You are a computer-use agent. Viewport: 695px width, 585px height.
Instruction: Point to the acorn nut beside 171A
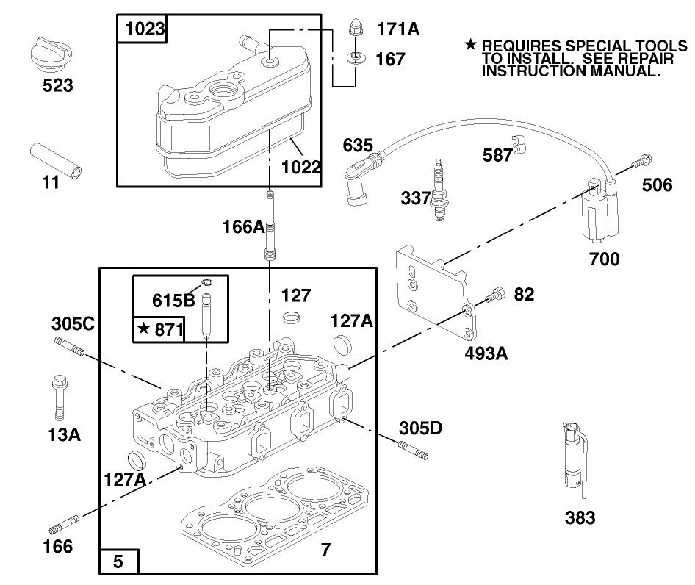(x=353, y=31)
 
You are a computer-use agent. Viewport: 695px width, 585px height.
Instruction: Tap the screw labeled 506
(x=644, y=159)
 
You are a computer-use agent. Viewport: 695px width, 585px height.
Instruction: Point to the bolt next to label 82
(x=495, y=295)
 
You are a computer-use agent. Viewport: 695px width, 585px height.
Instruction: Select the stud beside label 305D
(x=413, y=450)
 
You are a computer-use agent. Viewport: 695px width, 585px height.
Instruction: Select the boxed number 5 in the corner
(x=118, y=562)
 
